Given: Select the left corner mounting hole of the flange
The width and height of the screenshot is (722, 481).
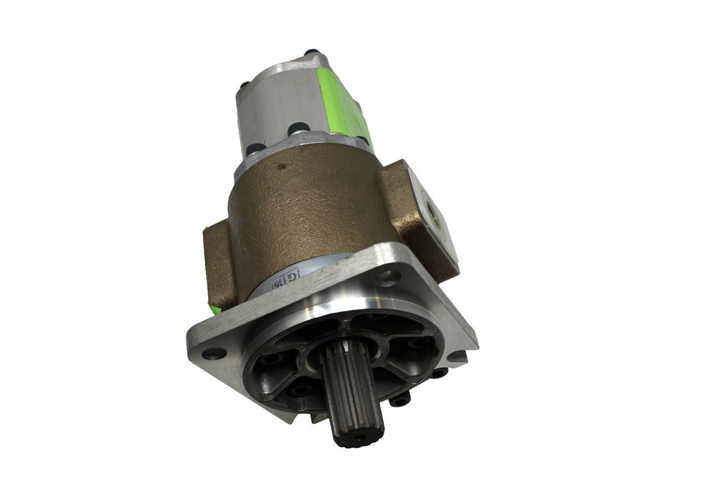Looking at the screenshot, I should [213, 353].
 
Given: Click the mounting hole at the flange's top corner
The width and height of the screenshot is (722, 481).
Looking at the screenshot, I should [389, 278].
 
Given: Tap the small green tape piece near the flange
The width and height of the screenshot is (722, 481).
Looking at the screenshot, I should [216, 310].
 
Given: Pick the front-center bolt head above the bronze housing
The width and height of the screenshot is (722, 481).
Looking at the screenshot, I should [298, 128].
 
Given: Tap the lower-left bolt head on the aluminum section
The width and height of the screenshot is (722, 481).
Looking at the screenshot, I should [254, 148].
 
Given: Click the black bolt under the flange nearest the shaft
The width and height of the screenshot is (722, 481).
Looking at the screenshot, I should [398, 399].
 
